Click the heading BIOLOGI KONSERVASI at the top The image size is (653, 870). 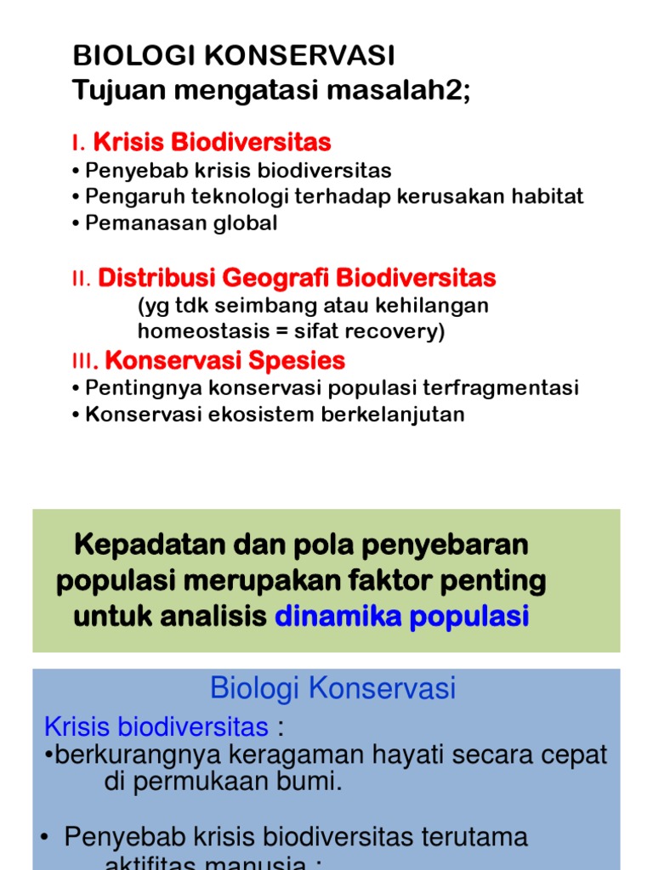click(x=234, y=56)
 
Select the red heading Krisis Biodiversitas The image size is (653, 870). click(x=212, y=142)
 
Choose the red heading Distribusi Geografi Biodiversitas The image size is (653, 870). click(x=297, y=278)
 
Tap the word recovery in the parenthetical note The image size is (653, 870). click(x=398, y=331)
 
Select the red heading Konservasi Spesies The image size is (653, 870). click(x=224, y=360)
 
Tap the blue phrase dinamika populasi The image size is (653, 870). click(x=401, y=617)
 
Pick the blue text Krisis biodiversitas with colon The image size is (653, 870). click(x=162, y=727)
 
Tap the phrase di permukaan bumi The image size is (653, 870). click(x=223, y=782)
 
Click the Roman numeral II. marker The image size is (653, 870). click(x=81, y=280)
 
